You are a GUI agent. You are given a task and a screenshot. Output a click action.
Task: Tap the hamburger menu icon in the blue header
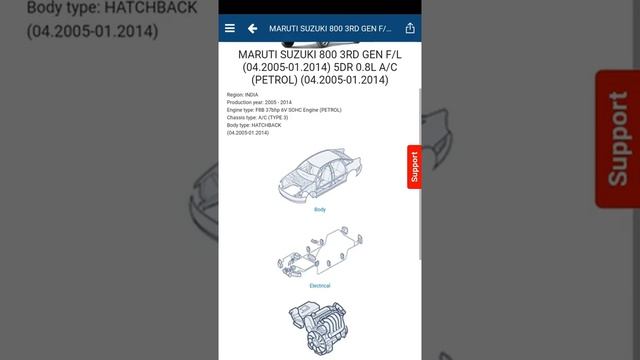click(230, 29)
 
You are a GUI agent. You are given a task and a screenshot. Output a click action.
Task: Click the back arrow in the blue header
click(253, 29)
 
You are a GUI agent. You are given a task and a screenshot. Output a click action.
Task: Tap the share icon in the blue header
click(410, 29)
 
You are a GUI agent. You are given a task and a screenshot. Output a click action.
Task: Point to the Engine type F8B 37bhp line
click(284, 110)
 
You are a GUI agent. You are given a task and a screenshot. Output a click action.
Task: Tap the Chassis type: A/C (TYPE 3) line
click(258, 118)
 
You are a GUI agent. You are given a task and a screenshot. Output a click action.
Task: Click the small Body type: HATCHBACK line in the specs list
click(254, 125)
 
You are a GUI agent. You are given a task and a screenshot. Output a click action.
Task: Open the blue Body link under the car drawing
click(320, 210)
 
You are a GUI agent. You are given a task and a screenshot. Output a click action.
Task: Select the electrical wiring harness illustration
click(319, 255)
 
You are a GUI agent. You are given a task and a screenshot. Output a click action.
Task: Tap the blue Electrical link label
click(320, 286)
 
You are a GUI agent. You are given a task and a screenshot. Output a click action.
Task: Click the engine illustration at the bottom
click(319, 330)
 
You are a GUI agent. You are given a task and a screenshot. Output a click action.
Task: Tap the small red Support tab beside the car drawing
click(413, 167)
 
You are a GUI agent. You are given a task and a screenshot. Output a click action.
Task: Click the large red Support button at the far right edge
click(618, 139)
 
